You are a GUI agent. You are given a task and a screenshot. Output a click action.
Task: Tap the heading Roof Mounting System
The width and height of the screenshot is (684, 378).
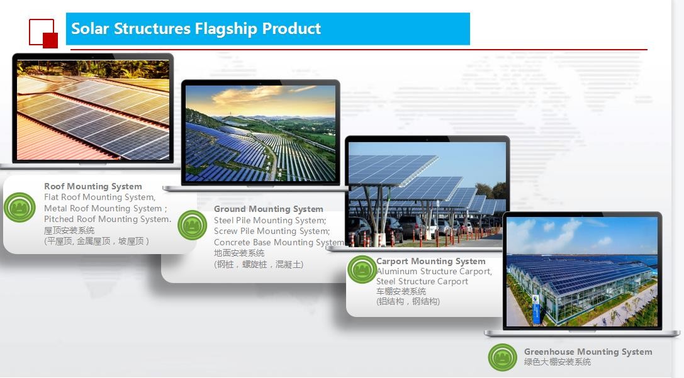(x=93, y=187)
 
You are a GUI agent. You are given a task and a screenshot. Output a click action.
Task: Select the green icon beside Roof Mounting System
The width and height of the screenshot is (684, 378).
(x=20, y=208)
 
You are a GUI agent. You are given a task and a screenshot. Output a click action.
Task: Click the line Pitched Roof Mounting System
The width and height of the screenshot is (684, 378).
(x=108, y=219)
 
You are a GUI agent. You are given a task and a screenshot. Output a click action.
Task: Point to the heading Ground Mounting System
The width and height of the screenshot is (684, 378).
(x=268, y=209)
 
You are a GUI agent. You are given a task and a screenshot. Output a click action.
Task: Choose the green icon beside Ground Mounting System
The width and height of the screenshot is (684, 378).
(x=193, y=225)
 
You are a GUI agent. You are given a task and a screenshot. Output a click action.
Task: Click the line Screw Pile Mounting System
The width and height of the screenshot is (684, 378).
(x=272, y=231)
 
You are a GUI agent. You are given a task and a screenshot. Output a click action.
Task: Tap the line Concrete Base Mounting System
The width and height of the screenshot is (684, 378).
(x=279, y=242)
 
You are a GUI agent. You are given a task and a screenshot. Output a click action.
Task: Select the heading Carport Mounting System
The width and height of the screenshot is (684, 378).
(x=431, y=261)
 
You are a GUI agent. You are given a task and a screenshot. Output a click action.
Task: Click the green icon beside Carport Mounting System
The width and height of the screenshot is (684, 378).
(x=362, y=269)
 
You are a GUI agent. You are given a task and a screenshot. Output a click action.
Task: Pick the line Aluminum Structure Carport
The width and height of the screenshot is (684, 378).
(x=434, y=271)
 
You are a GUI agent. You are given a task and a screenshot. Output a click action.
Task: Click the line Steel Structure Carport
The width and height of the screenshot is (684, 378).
(x=422, y=282)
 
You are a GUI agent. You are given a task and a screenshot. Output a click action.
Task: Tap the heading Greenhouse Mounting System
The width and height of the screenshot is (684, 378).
(x=588, y=352)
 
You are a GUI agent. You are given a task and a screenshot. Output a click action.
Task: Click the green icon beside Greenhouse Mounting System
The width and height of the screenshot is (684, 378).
(x=503, y=357)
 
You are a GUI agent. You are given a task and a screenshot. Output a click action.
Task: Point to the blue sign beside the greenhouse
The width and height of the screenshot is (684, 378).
(x=536, y=309)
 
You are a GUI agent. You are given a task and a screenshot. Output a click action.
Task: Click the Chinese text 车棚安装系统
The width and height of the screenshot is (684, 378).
(x=401, y=291)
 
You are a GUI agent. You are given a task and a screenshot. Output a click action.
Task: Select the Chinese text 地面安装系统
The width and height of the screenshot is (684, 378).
(x=239, y=253)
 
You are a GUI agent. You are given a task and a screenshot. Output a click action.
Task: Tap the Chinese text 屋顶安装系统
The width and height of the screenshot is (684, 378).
(x=69, y=230)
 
